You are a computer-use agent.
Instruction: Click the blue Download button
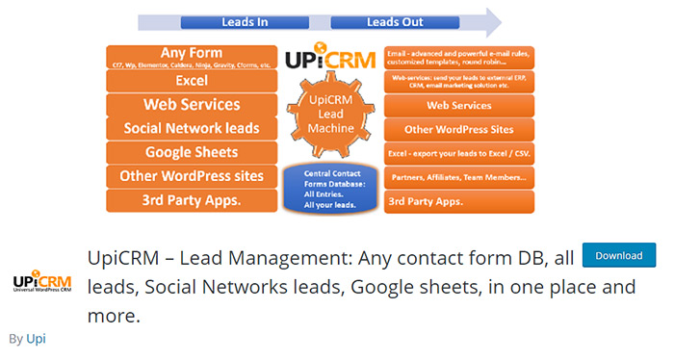(619, 255)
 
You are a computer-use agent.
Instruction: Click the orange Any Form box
(192, 57)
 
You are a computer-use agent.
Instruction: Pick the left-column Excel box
(192, 81)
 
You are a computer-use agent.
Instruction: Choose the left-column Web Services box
(192, 105)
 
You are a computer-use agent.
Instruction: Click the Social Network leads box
(192, 129)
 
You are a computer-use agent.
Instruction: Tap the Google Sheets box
(192, 152)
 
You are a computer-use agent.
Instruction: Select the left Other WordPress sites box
(192, 176)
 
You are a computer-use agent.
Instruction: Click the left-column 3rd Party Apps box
(192, 201)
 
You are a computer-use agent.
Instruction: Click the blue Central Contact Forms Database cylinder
(330, 188)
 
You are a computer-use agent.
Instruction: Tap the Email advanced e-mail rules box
(458, 57)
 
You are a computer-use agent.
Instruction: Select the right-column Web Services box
(458, 105)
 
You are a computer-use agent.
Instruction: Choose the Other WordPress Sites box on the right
(458, 129)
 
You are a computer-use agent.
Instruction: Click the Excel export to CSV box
(458, 154)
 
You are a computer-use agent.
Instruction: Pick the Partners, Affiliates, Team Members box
(458, 178)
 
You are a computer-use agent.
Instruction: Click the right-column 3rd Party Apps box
(458, 201)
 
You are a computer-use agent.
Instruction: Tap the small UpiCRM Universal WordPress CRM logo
(41, 282)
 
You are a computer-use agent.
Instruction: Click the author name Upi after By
(36, 339)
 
